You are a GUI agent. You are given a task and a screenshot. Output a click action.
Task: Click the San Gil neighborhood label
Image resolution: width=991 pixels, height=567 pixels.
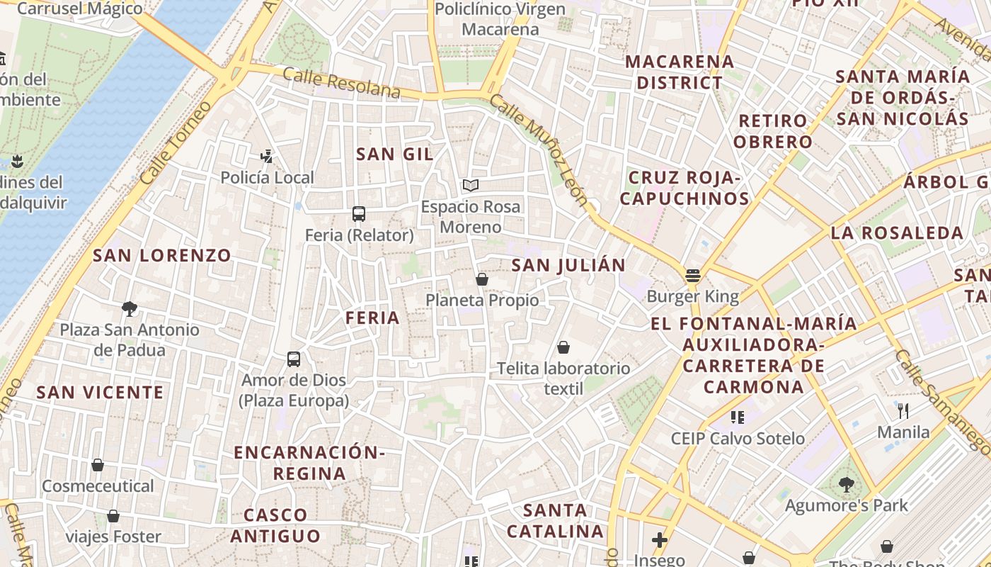coord(394,154)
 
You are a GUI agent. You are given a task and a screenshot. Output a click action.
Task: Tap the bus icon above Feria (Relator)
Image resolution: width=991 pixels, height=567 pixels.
coord(359,213)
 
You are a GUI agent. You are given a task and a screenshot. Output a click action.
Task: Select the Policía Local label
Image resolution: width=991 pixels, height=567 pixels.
coord(267,177)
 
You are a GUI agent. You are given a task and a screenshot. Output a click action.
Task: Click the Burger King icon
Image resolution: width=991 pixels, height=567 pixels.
coord(692,276)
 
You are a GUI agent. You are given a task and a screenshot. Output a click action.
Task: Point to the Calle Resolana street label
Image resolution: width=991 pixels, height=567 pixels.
coord(341,84)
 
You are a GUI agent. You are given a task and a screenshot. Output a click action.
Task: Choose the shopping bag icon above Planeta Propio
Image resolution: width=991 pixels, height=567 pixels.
coord(482,279)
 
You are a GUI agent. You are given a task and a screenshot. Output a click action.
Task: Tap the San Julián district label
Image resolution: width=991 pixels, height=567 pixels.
coord(568,265)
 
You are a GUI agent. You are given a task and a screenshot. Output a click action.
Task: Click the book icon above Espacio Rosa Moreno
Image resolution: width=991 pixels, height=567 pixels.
coord(471,185)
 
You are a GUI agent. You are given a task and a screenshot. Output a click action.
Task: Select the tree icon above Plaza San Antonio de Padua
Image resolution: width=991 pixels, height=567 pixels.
coord(129,308)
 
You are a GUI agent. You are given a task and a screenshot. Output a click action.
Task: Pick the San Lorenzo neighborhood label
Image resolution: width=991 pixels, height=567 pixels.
coord(162,255)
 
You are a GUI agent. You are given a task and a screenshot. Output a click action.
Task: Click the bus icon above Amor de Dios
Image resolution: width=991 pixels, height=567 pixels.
coord(294,359)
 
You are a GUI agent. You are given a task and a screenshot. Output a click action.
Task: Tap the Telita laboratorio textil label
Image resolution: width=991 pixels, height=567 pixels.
coord(563,378)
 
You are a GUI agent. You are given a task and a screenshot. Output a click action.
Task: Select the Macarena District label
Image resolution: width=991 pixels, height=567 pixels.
coord(679,72)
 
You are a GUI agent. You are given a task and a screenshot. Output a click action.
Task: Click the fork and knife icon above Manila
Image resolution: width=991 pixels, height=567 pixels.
coord(903,410)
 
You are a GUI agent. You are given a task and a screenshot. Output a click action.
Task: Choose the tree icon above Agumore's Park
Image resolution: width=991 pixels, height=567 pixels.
coord(846,485)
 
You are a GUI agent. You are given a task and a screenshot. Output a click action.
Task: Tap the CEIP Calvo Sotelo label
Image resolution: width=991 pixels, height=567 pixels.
coord(738,439)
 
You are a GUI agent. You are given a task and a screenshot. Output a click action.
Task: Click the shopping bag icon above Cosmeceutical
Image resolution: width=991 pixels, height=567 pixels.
coord(98,465)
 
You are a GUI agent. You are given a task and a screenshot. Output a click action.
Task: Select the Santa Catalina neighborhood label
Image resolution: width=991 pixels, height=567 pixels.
coord(556,520)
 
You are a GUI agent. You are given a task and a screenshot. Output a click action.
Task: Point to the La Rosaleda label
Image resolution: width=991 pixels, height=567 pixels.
coord(897,232)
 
